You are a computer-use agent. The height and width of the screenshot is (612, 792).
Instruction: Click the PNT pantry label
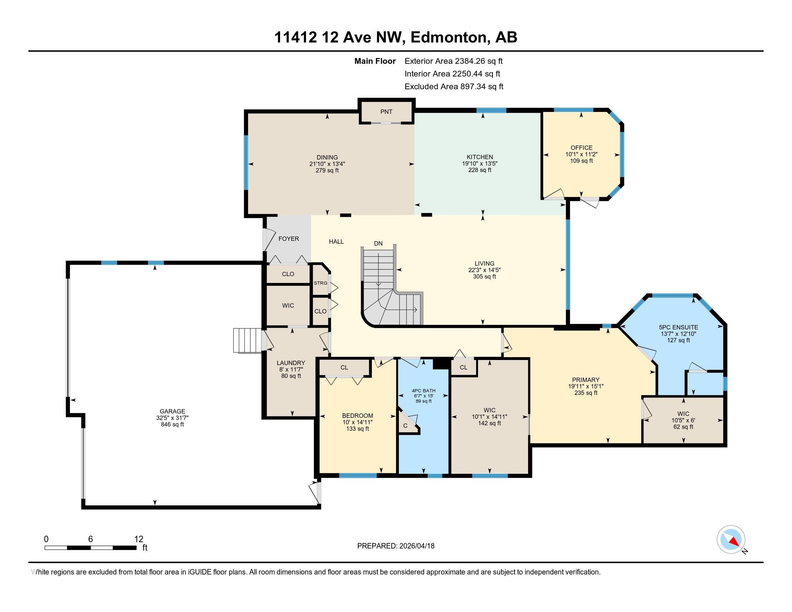(386, 112)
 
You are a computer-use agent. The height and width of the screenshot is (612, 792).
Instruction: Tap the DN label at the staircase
(378, 243)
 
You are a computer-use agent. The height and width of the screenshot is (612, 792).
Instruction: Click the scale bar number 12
(139, 539)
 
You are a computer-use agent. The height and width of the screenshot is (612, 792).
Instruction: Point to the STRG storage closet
(320, 283)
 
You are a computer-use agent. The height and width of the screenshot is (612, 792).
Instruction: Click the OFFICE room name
(581, 148)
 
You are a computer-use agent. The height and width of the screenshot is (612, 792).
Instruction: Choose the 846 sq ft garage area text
(172, 424)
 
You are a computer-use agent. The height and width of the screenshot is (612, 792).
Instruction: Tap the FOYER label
(289, 239)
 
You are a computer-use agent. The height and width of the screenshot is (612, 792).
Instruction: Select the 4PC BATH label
(424, 391)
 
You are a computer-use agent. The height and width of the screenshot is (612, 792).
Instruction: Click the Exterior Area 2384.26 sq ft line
(454, 61)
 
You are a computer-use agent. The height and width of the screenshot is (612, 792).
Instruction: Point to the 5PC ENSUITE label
(679, 327)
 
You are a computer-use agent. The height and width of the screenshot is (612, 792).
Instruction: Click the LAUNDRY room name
(291, 363)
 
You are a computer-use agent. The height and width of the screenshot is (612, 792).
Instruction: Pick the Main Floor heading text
(375, 61)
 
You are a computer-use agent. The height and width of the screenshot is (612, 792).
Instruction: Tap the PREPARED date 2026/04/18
(416, 546)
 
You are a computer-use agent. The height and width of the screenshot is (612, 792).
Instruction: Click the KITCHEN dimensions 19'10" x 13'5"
(480, 163)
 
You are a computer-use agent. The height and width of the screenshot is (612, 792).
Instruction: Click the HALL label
(336, 242)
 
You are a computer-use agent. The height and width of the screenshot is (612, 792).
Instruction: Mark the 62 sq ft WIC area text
(683, 427)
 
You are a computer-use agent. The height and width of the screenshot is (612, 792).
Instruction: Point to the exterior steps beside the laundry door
(247, 340)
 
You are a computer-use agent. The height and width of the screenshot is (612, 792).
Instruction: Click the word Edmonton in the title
(448, 37)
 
